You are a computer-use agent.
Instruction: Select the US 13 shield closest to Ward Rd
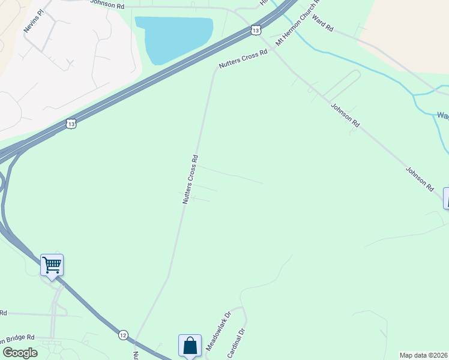click(256, 29)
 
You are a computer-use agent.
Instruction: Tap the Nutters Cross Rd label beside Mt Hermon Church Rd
click(243, 61)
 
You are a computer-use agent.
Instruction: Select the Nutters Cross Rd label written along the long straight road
click(190, 179)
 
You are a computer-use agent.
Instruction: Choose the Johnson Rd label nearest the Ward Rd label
click(345, 115)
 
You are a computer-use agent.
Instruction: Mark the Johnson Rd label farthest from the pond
click(420, 178)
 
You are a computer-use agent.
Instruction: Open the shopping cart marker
click(52, 265)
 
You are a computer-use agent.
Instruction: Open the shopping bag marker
click(190, 346)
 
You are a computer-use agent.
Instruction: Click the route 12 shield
click(123, 334)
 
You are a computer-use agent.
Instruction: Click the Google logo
click(20, 353)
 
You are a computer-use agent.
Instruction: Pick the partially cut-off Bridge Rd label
click(17, 338)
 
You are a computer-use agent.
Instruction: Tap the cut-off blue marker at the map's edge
click(446, 199)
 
